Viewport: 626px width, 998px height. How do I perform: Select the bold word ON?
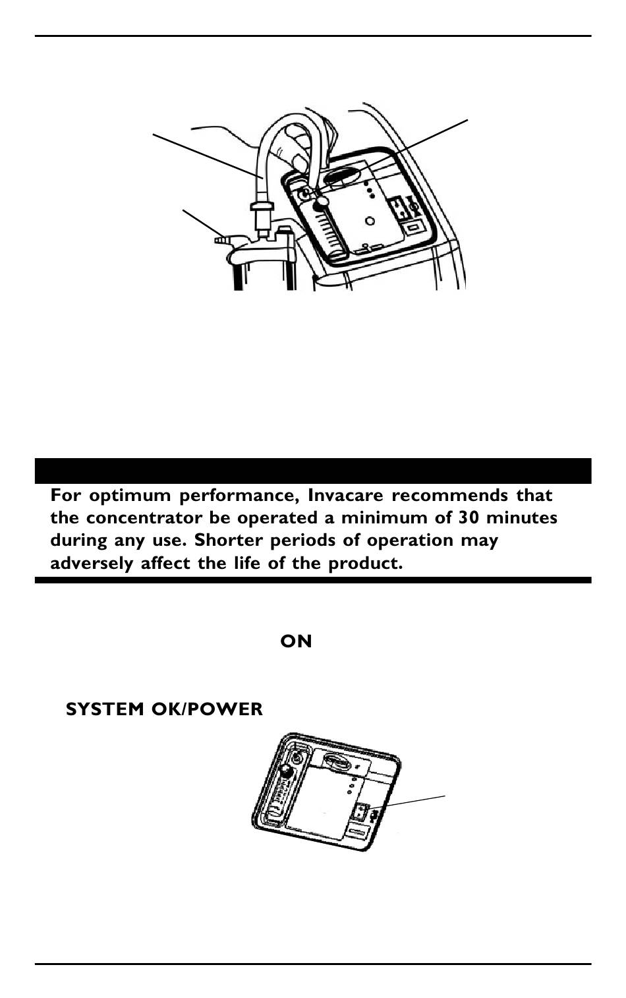[296, 641]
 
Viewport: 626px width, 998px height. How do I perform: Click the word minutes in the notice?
[521, 517]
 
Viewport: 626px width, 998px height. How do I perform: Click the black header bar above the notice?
[313, 471]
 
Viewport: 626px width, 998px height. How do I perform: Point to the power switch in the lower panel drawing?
[362, 811]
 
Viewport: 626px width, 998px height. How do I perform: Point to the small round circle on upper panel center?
[370, 221]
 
